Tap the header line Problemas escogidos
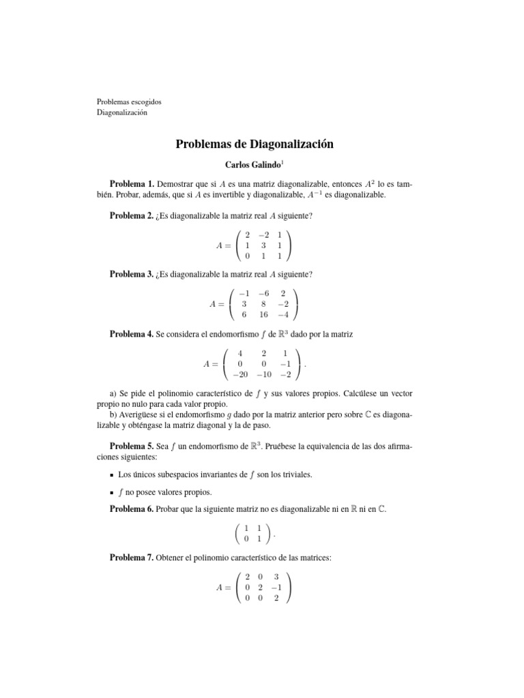[129, 102]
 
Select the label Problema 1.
[132, 185]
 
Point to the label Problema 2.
[132, 216]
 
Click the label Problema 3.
[132, 275]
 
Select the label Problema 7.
[132, 558]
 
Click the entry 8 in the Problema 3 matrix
[265, 305]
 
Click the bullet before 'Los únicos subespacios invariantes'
[112, 474]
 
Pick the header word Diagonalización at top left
[121, 112]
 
